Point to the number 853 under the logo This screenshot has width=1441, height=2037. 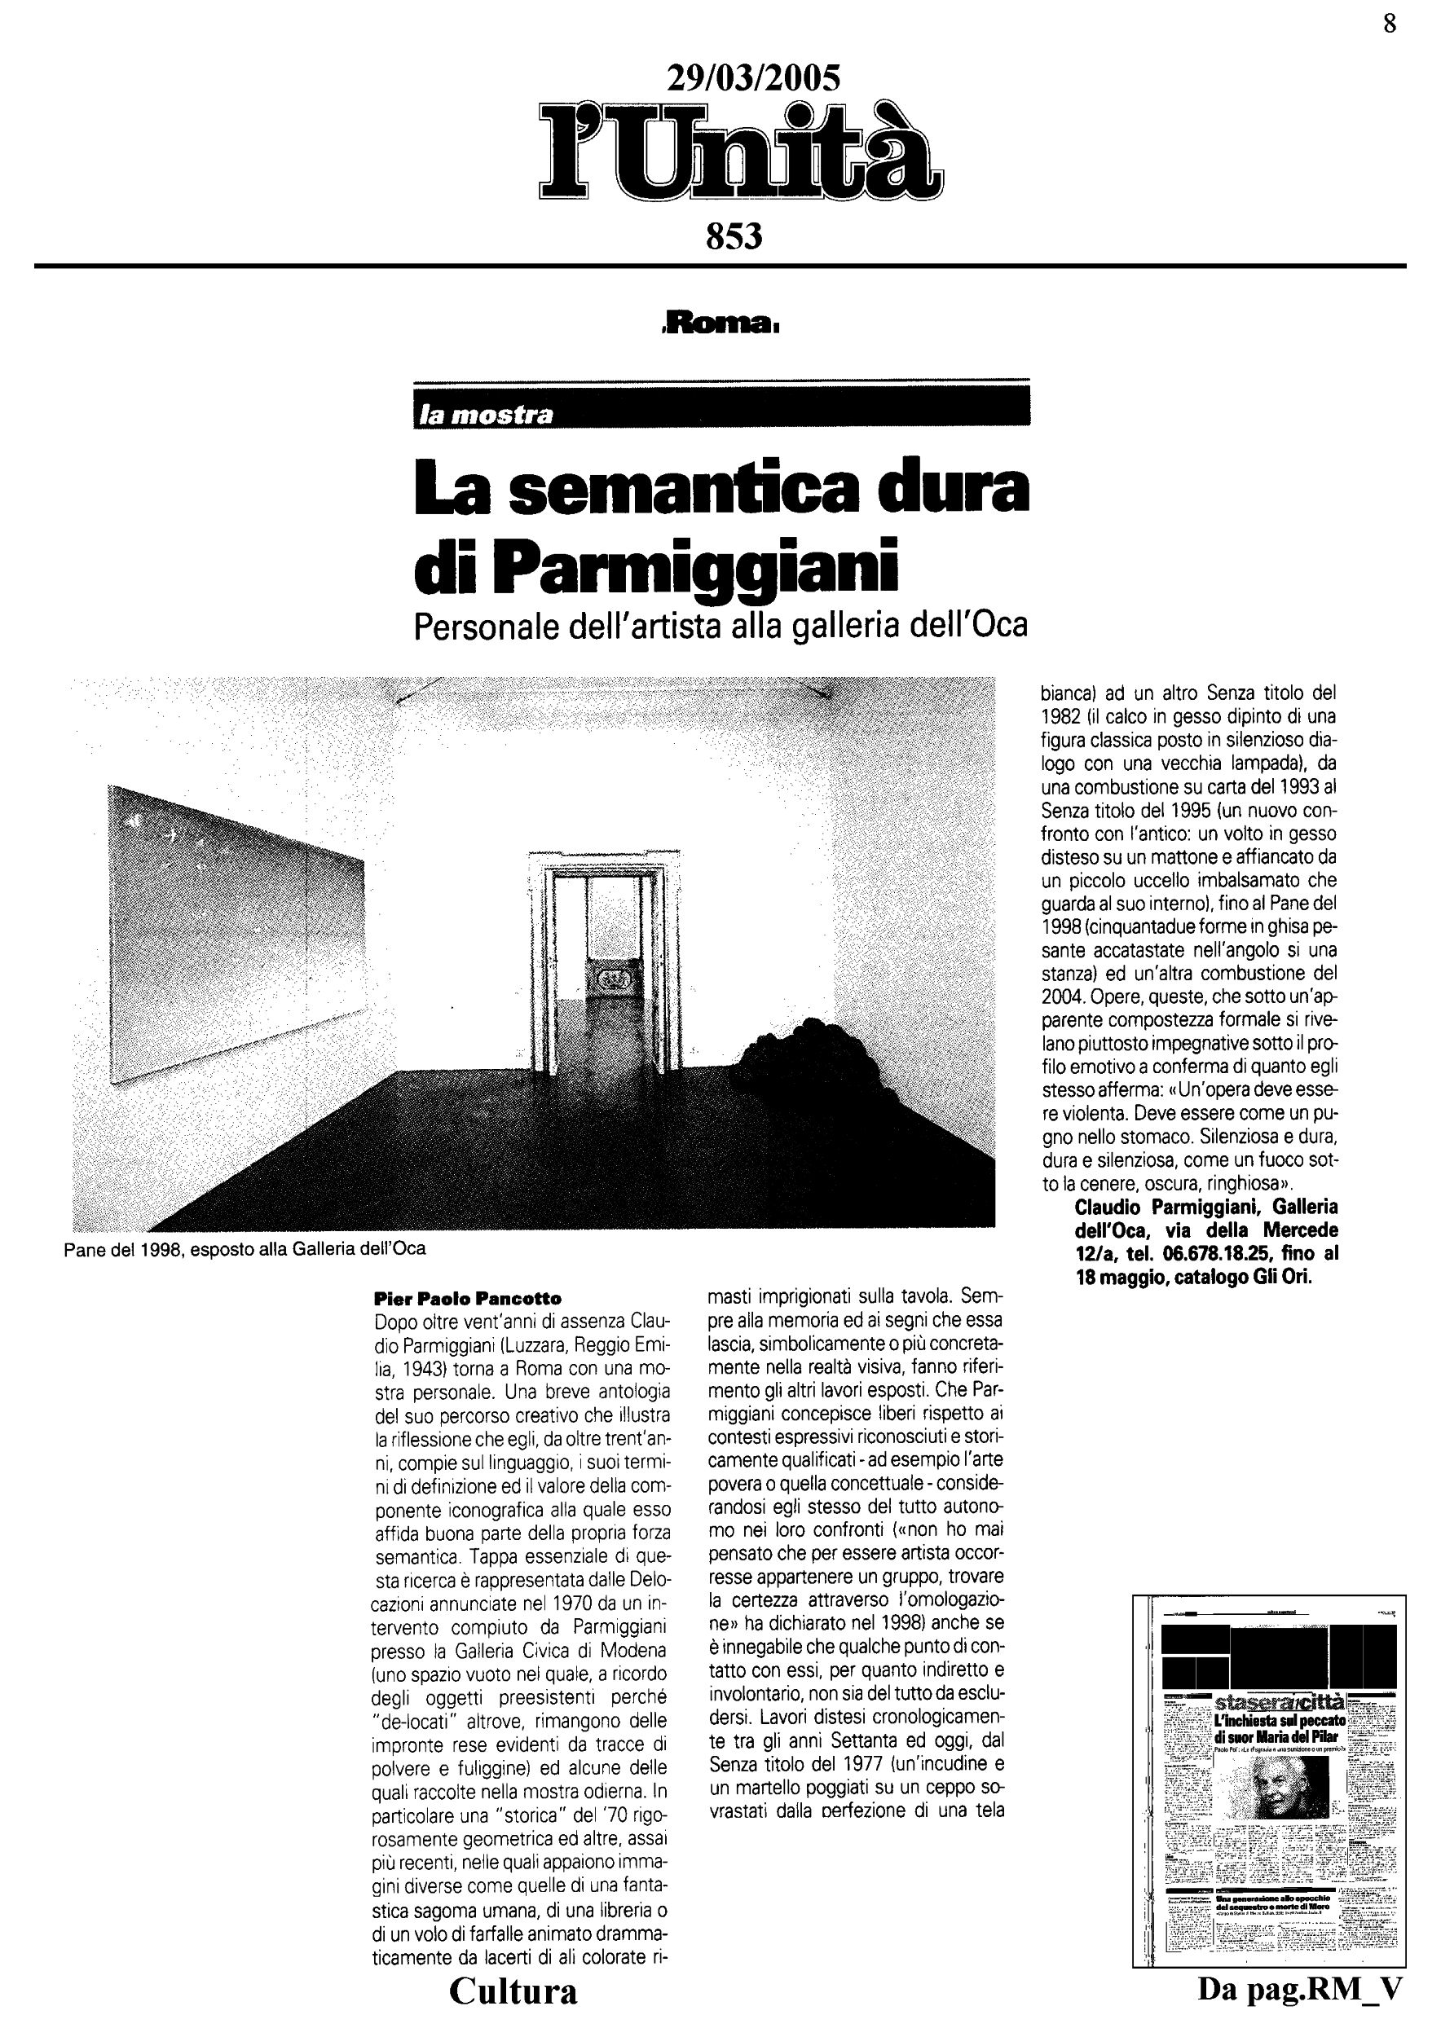pos(734,237)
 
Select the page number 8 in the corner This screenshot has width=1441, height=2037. pos(1390,24)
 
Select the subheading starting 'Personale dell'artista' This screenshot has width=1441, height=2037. pos(720,627)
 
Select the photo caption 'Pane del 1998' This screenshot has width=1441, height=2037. pos(245,1249)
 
